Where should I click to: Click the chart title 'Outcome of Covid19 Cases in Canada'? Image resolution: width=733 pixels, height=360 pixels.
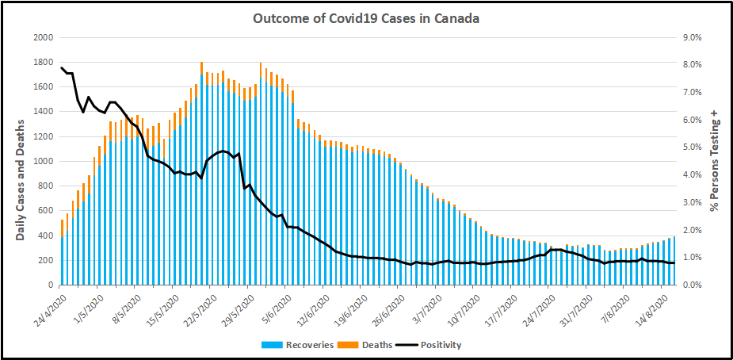(365, 17)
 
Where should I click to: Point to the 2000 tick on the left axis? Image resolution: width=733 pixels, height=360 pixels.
(43, 37)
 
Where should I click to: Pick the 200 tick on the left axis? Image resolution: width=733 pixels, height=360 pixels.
(46, 260)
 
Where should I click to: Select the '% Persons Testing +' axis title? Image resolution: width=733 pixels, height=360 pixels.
(715, 162)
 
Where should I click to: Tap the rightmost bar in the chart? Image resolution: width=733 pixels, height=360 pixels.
(674, 261)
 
